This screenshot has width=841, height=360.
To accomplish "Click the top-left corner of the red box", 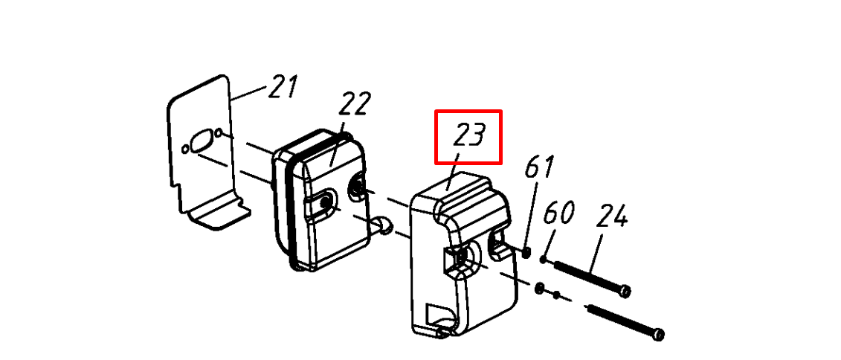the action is pos(436,111).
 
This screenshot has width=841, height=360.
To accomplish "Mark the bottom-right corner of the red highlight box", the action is pos(501,161).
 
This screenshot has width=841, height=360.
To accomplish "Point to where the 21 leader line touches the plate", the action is pos(232,100).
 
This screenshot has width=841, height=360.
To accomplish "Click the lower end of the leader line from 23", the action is pos(447,190).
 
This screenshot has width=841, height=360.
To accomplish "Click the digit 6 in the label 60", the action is pos(551,213).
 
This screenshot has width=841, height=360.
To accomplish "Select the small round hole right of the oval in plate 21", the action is pos(219,132).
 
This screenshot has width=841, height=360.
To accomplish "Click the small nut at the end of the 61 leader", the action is pos(526,251).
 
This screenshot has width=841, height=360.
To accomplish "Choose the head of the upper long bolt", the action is pos(625,292).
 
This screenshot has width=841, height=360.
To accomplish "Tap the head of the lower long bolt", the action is pos(658,334).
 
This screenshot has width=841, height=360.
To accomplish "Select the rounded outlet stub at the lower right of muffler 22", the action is pos(384,225).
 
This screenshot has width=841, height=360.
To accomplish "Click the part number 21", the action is pos(283,87).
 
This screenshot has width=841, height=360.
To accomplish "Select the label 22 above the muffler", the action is pos(354,104).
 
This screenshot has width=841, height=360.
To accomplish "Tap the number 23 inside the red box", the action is pos(469,135).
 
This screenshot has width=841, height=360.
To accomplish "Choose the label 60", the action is pos(558,213).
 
